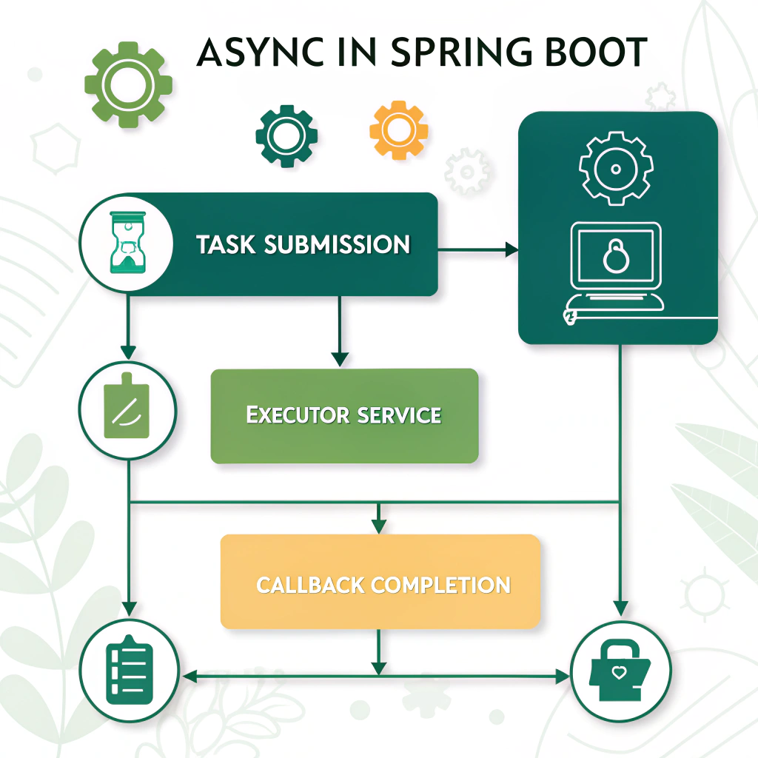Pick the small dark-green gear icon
pos(286,135)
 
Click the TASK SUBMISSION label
pos(303,245)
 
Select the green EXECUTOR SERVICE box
pos(344,416)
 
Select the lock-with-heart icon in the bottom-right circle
pos(621,671)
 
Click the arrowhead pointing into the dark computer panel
pos(512,250)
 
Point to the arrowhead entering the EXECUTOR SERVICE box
pos(339,359)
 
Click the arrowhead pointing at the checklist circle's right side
pos(189,676)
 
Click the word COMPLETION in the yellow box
pos(441,585)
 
